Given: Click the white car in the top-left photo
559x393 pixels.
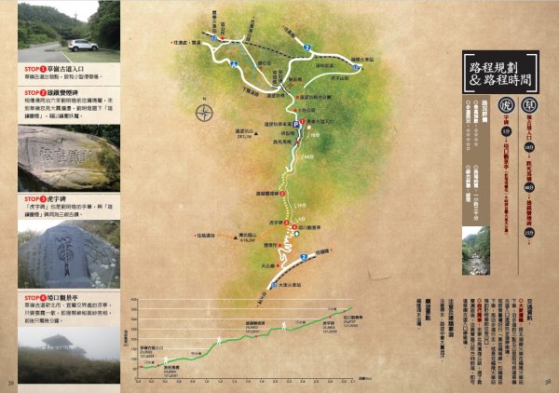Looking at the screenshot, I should pos(82,44).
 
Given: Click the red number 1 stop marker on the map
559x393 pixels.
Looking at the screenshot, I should pos(307,122).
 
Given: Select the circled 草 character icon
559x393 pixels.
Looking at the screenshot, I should pos(530,103).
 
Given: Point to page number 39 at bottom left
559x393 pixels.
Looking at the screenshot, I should pos(10,382).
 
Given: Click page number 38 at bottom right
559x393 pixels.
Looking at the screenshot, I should pos(548,382).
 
